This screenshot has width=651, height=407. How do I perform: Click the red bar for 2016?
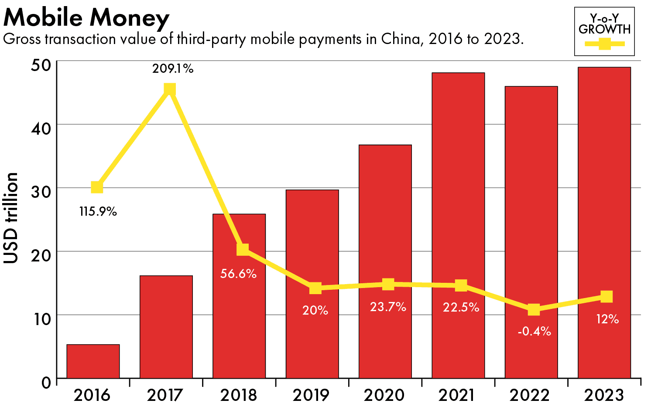pyautogui.click(x=93, y=361)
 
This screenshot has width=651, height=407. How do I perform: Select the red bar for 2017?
pyautogui.click(x=166, y=327)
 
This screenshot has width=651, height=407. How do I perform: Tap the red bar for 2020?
pyautogui.click(x=385, y=261)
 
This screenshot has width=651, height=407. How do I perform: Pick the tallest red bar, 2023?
pyautogui.click(x=604, y=222)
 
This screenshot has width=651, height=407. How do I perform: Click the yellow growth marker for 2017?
pyautogui.click(x=170, y=90)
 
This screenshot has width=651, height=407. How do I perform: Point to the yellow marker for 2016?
pyautogui.click(x=97, y=187)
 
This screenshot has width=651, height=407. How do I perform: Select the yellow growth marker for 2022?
pyautogui.click(x=534, y=310)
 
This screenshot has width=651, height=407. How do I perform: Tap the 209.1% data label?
pyautogui.click(x=173, y=69)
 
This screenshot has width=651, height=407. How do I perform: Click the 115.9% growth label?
pyautogui.click(x=98, y=212)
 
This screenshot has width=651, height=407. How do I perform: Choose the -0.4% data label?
pyautogui.click(x=534, y=332)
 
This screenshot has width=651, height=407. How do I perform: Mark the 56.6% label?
pyautogui.click(x=238, y=274)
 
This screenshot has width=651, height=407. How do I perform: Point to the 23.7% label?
pyautogui.click(x=388, y=307)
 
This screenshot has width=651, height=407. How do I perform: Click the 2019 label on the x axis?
pyautogui.click(x=311, y=395)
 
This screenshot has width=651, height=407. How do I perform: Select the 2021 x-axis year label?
pyautogui.click(x=457, y=395)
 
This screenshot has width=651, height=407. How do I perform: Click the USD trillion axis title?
pyautogui.click(x=11, y=218)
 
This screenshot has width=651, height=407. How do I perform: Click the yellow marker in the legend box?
pyautogui.click(x=604, y=44)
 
